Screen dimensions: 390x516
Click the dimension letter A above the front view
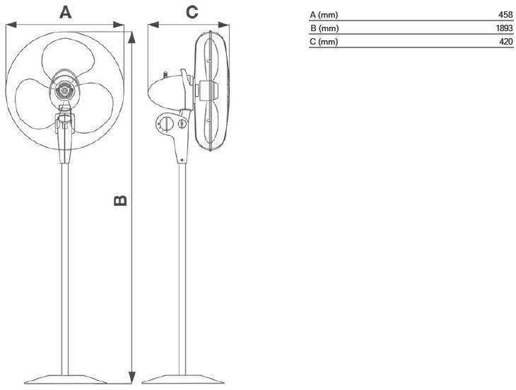point(65,12)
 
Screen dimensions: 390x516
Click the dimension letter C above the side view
point(192,12)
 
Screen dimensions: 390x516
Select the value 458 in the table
point(505,14)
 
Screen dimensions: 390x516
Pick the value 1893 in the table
point(503,28)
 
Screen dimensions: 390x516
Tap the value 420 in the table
point(505,42)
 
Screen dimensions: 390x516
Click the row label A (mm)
point(324,14)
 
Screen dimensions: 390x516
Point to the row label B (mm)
point(324,28)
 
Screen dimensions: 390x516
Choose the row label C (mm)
point(324,42)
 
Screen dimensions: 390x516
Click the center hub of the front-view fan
point(64,91)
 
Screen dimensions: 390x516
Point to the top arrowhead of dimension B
point(131,35)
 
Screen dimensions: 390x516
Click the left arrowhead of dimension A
point(9,25)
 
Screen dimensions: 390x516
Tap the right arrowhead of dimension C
point(228,25)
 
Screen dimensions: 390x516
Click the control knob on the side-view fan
point(165,125)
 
